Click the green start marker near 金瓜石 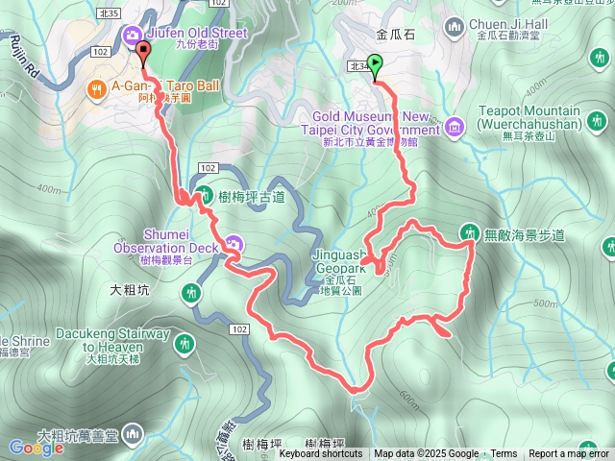pyautogui.click(x=375, y=66)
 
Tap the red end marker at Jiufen pyautogui.click(x=144, y=51)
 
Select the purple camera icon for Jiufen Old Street pyautogui.click(x=131, y=36)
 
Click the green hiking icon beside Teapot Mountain pyautogui.click(x=598, y=121)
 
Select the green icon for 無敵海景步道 pyautogui.click(x=470, y=231)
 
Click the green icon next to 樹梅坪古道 pyautogui.click(x=205, y=195)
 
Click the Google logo pyautogui.click(x=37, y=447)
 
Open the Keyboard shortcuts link pyautogui.click(x=321, y=454)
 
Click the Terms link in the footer pyautogui.click(x=504, y=454)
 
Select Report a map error pyautogui.click(x=570, y=454)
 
